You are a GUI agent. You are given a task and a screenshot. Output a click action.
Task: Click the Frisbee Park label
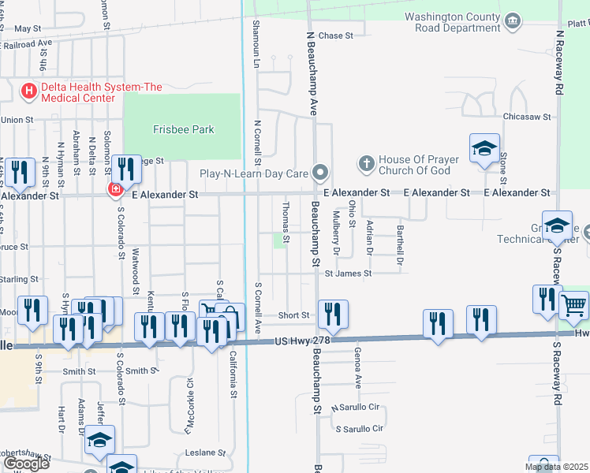pos(184,129)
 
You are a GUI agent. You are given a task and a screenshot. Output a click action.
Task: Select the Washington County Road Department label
pos(452,22)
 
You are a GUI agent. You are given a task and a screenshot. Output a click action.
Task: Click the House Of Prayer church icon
pos(366,164)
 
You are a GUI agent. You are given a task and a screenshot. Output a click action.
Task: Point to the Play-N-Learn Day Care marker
pos(320,172)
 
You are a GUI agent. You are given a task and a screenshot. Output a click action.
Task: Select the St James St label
pos(348,274)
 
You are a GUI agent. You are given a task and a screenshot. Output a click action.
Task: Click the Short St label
pos(293,315)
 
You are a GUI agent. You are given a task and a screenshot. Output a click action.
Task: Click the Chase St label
pos(335,35)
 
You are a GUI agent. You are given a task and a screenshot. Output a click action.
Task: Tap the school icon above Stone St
pos(484,147)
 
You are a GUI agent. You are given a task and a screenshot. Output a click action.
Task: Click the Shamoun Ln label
pos(256,43)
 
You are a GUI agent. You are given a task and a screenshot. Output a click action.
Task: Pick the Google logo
pos(25,463)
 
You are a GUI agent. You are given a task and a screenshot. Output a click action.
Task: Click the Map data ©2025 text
pos(555,467)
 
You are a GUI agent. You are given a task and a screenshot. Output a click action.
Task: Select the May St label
pos(28,28)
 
